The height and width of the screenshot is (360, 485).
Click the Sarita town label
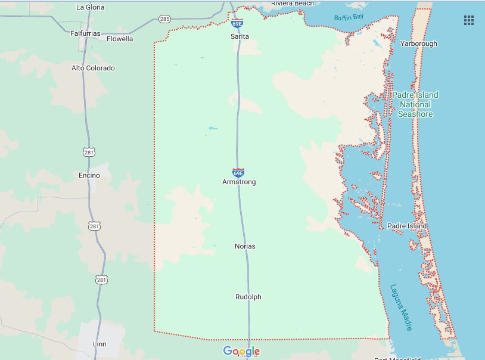pos(240,36)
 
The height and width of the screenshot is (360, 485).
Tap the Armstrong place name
pos(238,182)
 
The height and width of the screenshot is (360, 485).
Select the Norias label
pos(245,246)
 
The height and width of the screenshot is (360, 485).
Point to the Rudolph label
pos(248,297)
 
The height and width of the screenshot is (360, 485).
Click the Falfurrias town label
pos(85,33)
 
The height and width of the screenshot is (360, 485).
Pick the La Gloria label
pos(91,7)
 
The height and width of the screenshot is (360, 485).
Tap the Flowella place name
pos(120,39)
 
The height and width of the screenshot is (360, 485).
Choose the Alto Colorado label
pos(93,68)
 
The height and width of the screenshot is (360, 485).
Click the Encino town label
pos(89,175)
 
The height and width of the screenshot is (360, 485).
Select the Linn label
pos(100,345)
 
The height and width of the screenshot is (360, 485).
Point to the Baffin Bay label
pos(349,17)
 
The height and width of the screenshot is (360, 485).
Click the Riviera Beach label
pos(292,4)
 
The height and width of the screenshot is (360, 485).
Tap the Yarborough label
pos(418,44)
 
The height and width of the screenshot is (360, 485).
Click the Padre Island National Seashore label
pos(415,104)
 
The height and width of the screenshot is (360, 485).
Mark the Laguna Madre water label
pos(401,306)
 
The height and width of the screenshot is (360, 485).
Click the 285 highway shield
pos(165,19)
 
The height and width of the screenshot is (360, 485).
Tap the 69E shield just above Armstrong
pos(238,172)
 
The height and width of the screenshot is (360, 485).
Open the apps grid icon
pos(469,20)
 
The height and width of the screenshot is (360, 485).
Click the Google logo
pos(241,351)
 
